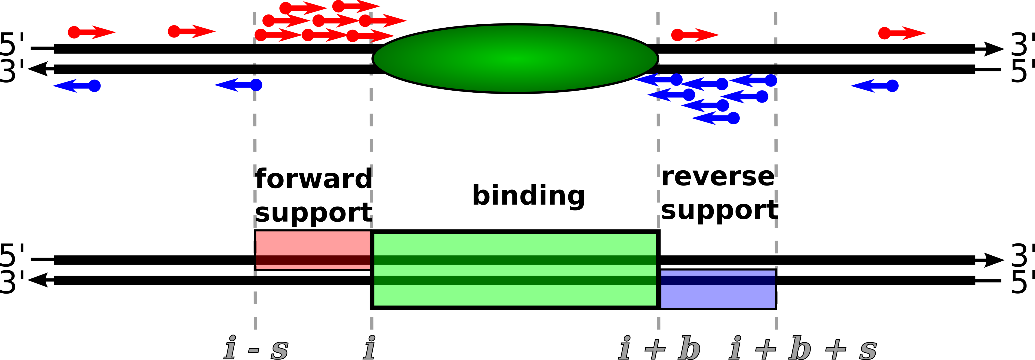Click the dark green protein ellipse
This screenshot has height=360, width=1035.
[x=515, y=59]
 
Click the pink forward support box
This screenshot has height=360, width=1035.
[x=313, y=250]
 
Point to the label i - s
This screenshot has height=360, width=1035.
[x=256, y=348]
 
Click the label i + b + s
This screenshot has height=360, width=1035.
[x=803, y=348]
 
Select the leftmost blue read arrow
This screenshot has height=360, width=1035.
[x=77, y=86]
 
